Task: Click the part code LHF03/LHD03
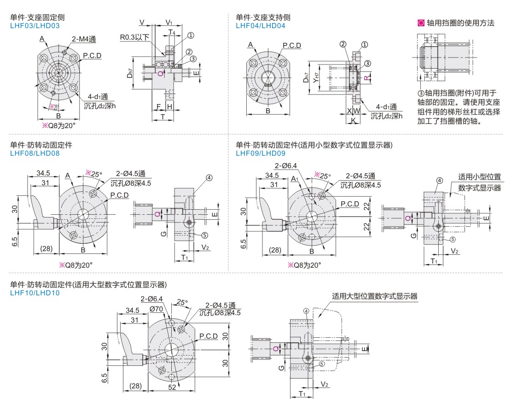pos(35,26)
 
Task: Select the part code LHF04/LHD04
pos(260,26)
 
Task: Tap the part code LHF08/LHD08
pos(35,153)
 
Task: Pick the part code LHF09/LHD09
pos(260,153)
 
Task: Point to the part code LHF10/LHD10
pos(35,292)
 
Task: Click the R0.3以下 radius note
pos(135,37)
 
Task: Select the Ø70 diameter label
pos(157,309)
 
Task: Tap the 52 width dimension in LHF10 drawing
pos(171,387)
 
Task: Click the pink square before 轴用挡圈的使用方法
pos(420,23)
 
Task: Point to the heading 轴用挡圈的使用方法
pos(460,23)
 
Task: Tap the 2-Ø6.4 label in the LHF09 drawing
pos(286,166)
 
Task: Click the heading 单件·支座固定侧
pos(37,18)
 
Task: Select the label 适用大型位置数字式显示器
pos(375,296)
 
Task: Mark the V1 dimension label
pos(168,23)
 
